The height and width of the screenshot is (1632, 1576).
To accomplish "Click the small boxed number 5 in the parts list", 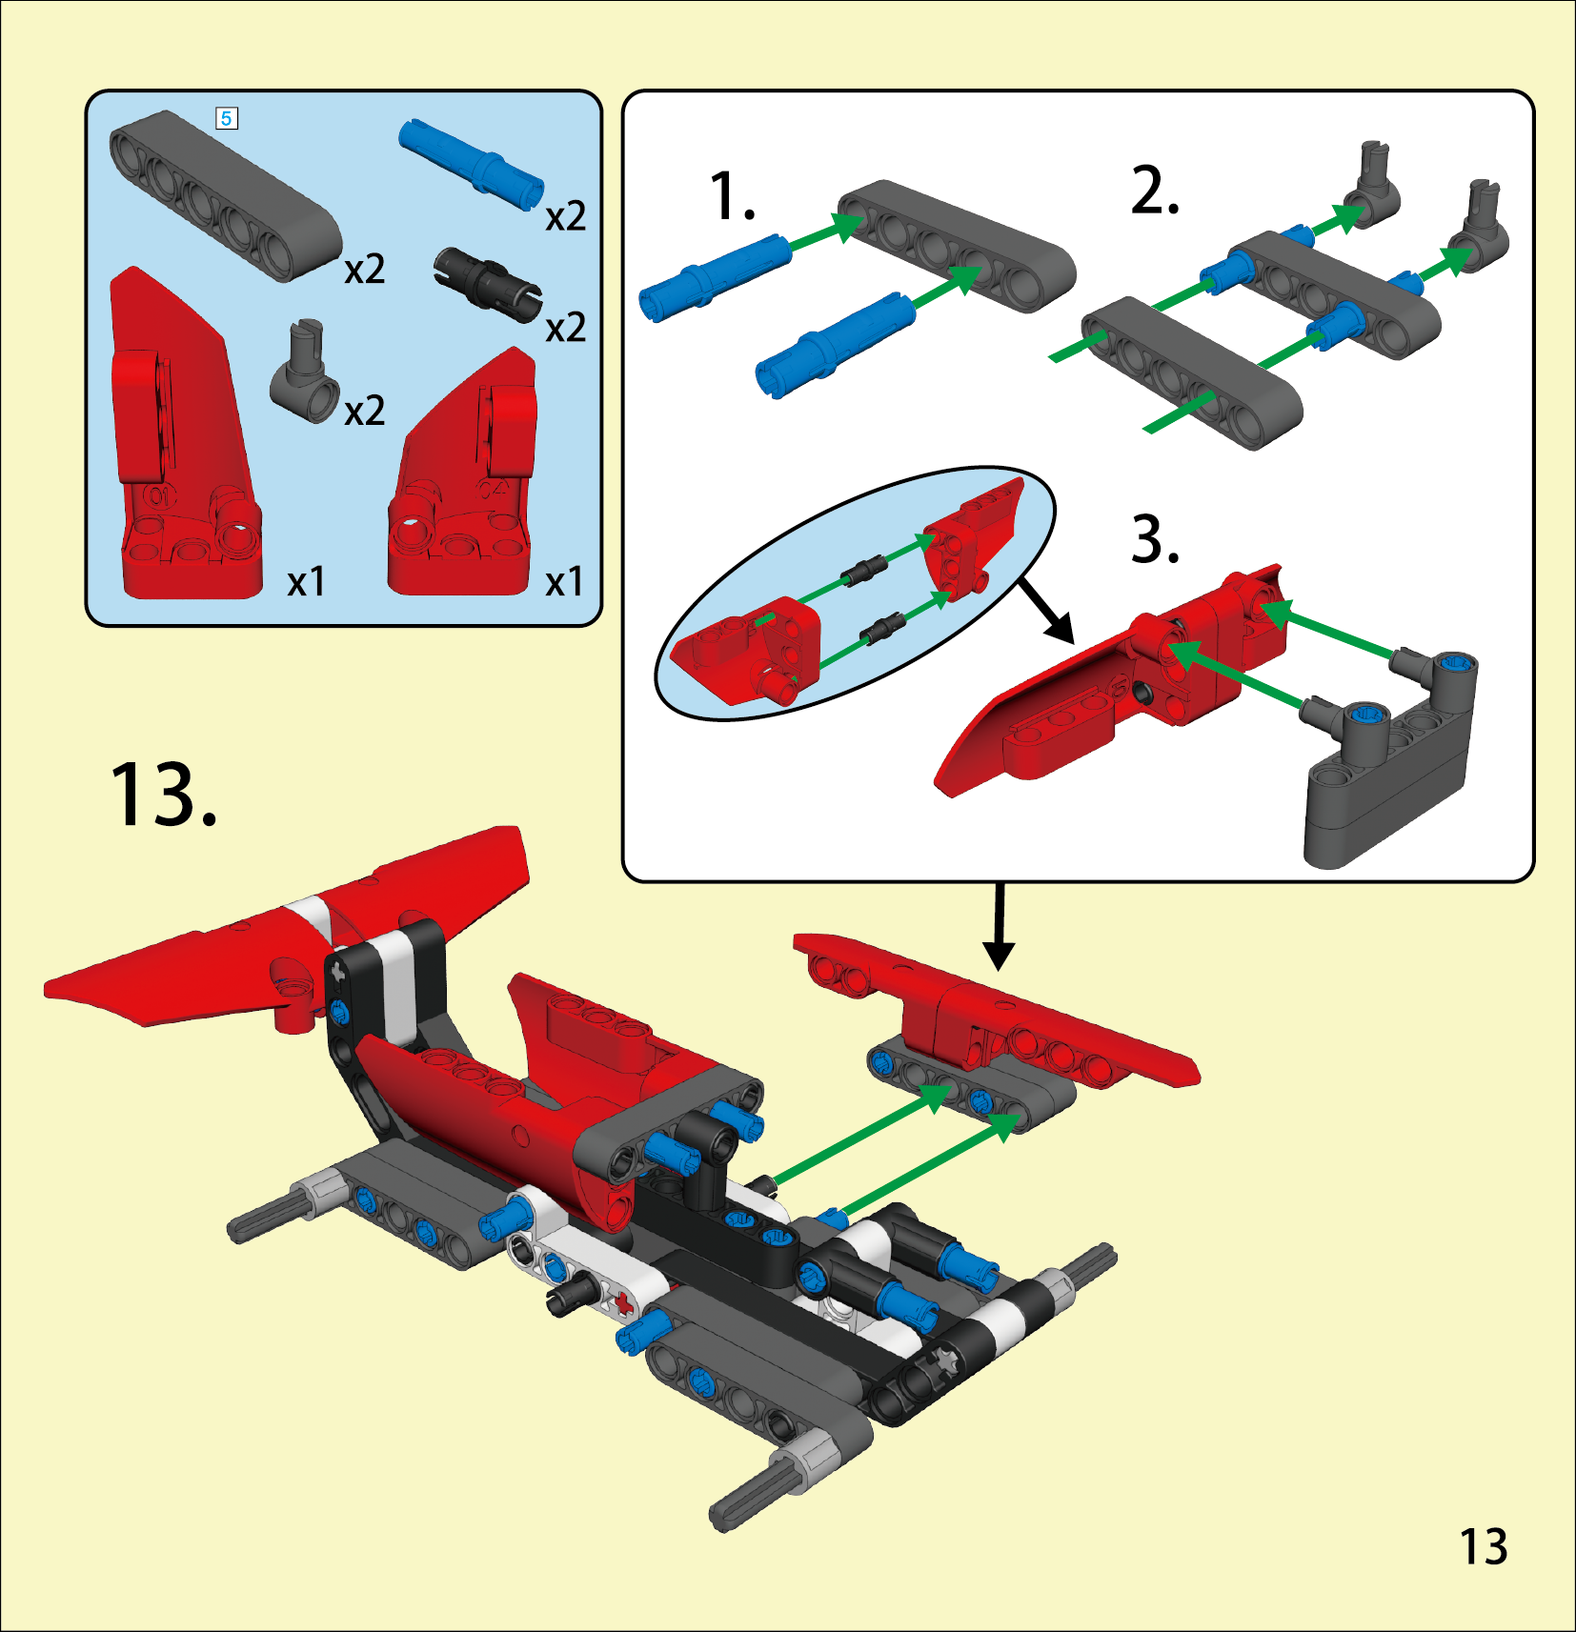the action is click(x=226, y=118).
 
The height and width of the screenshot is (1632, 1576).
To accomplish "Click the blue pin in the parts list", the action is click(x=471, y=164).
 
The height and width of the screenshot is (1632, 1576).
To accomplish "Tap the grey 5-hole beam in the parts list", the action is click(x=225, y=195).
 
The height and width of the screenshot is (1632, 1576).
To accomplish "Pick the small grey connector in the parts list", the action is click(x=305, y=373).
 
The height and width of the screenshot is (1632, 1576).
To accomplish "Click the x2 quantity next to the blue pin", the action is click(x=565, y=217).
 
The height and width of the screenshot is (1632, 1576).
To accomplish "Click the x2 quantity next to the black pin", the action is click(x=565, y=329).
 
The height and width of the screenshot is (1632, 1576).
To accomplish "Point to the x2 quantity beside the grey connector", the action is click(x=364, y=412).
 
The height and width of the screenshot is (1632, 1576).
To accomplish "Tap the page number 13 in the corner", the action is click(x=1484, y=1547).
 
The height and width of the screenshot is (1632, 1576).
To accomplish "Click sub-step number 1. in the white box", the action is click(x=733, y=197).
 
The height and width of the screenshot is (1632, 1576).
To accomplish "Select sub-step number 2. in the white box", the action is click(x=1155, y=190).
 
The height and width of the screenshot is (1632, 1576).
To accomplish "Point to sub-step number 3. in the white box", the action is click(x=1155, y=538).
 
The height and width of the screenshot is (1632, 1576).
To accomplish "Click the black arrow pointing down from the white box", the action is click(x=998, y=926).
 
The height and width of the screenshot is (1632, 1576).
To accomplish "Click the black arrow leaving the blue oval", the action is click(x=1046, y=611).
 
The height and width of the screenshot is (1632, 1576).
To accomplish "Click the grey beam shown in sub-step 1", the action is click(x=957, y=246).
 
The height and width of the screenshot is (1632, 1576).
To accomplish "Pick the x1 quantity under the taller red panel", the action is click(x=306, y=582).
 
